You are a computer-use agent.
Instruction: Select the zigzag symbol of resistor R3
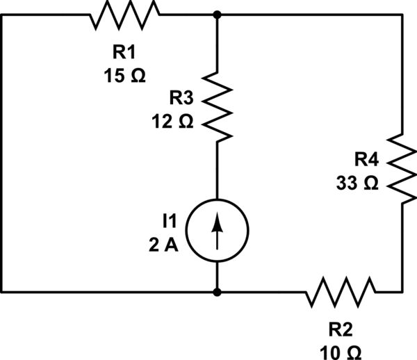click(x=218, y=106)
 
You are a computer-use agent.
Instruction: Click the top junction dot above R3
click(x=218, y=15)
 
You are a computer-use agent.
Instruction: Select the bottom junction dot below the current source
click(x=218, y=292)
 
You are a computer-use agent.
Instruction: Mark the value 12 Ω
click(x=174, y=121)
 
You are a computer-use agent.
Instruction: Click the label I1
click(x=170, y=221)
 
